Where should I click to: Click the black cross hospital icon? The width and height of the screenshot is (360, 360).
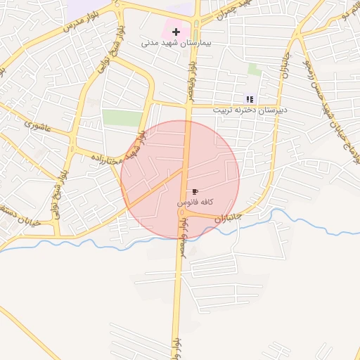pos(176,32)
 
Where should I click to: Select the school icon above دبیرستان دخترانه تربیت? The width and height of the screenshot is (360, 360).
pos(249,99)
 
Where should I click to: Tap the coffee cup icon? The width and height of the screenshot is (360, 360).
pos(195,191)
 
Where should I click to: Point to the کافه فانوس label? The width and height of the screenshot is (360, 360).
pos(195,202)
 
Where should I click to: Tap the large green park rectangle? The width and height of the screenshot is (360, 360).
pos(122,117)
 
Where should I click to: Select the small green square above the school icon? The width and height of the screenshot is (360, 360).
pos(255,70)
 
